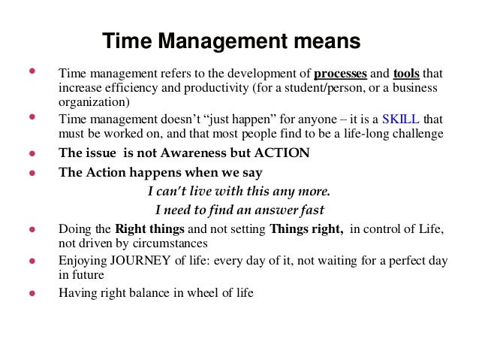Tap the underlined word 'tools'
(x=406, y=75)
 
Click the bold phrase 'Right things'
(x=147, y=229)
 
